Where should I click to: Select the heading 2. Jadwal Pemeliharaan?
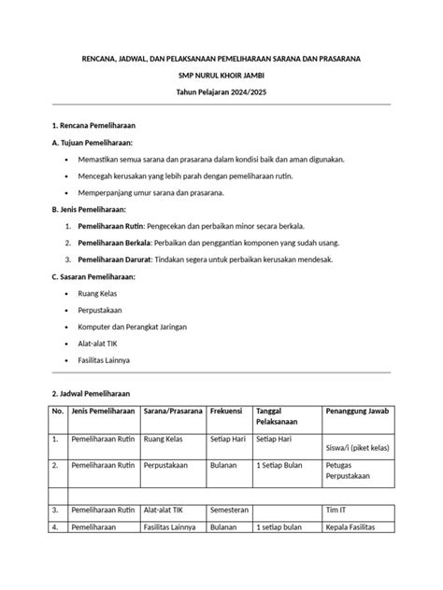tap(90, 393)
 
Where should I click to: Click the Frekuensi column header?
tap(230, 412)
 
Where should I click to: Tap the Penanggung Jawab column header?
tap(356, 412)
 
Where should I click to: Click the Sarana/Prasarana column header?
tap(174, 412)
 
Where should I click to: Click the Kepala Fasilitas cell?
tap(350, 528)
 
